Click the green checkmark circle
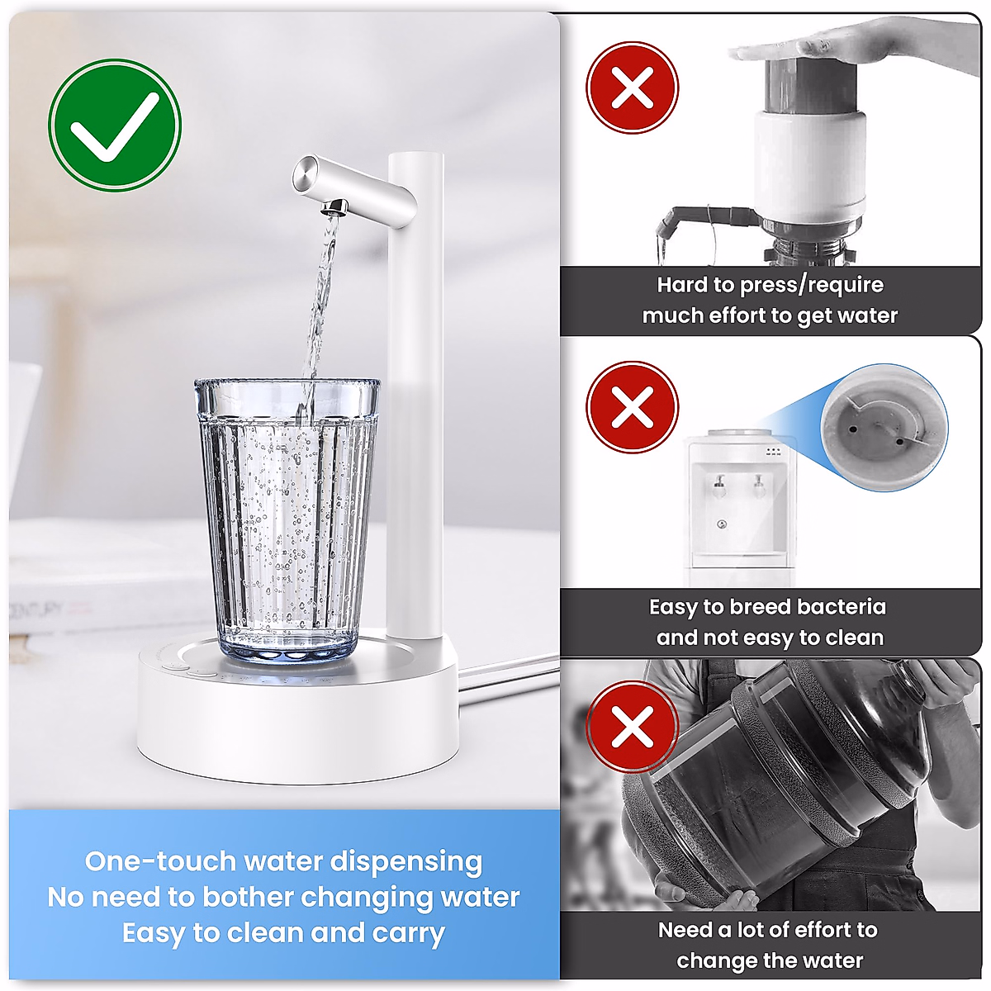(x=114, y=125)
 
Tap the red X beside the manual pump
(x=632, y=88)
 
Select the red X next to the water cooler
(x=632, y=407)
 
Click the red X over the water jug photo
(x=632, y=727)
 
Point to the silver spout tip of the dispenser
(x=333, y=205)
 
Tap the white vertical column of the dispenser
(x=415, y=396)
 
